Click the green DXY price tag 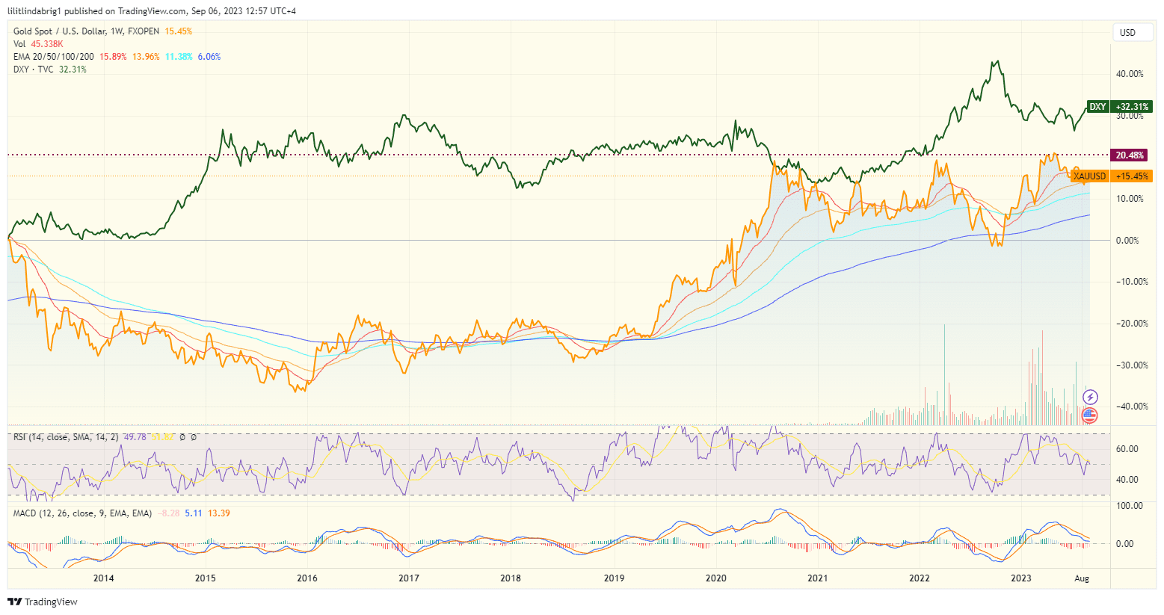click(x=1097, y=107)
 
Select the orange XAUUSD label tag click(x=1089, y=176)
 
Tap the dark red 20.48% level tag click(x=1129, y=155)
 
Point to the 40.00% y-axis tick click(x=1129, y=74)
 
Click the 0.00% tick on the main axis click(x=1127, y=241)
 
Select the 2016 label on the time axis click(x=307, y=578)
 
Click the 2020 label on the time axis click(x=715, y=578)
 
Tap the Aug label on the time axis click(x=1081, y=578)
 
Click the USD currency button click(x=1127, y=33)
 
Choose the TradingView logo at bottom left click(x=43, y=602)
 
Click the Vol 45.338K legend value click(x=47, y=44)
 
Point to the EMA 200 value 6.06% click(x=209, y=57)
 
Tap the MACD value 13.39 click(x=219, y=513)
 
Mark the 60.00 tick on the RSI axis click(x=1127, y=449)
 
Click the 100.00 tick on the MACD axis click(x=1129, y=506)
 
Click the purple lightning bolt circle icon click(x=1090, y=397)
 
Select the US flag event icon click(x=1090, y=415)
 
